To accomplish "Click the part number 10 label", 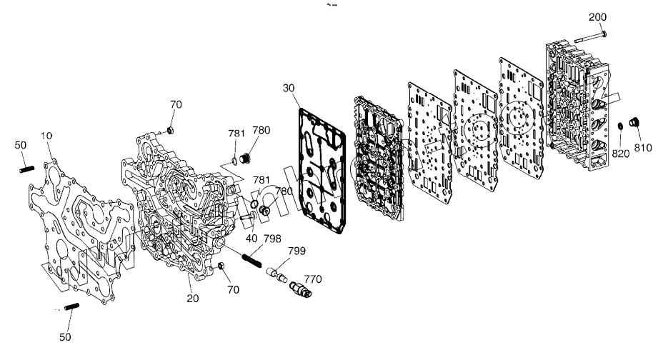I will click(46, 135).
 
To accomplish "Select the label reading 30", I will click(288, 89).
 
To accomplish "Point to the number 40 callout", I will click(251, 239).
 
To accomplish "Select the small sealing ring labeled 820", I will click(621, 126).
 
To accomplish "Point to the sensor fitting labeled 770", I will click(299, 290).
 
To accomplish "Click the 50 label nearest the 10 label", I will click(21, 145).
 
